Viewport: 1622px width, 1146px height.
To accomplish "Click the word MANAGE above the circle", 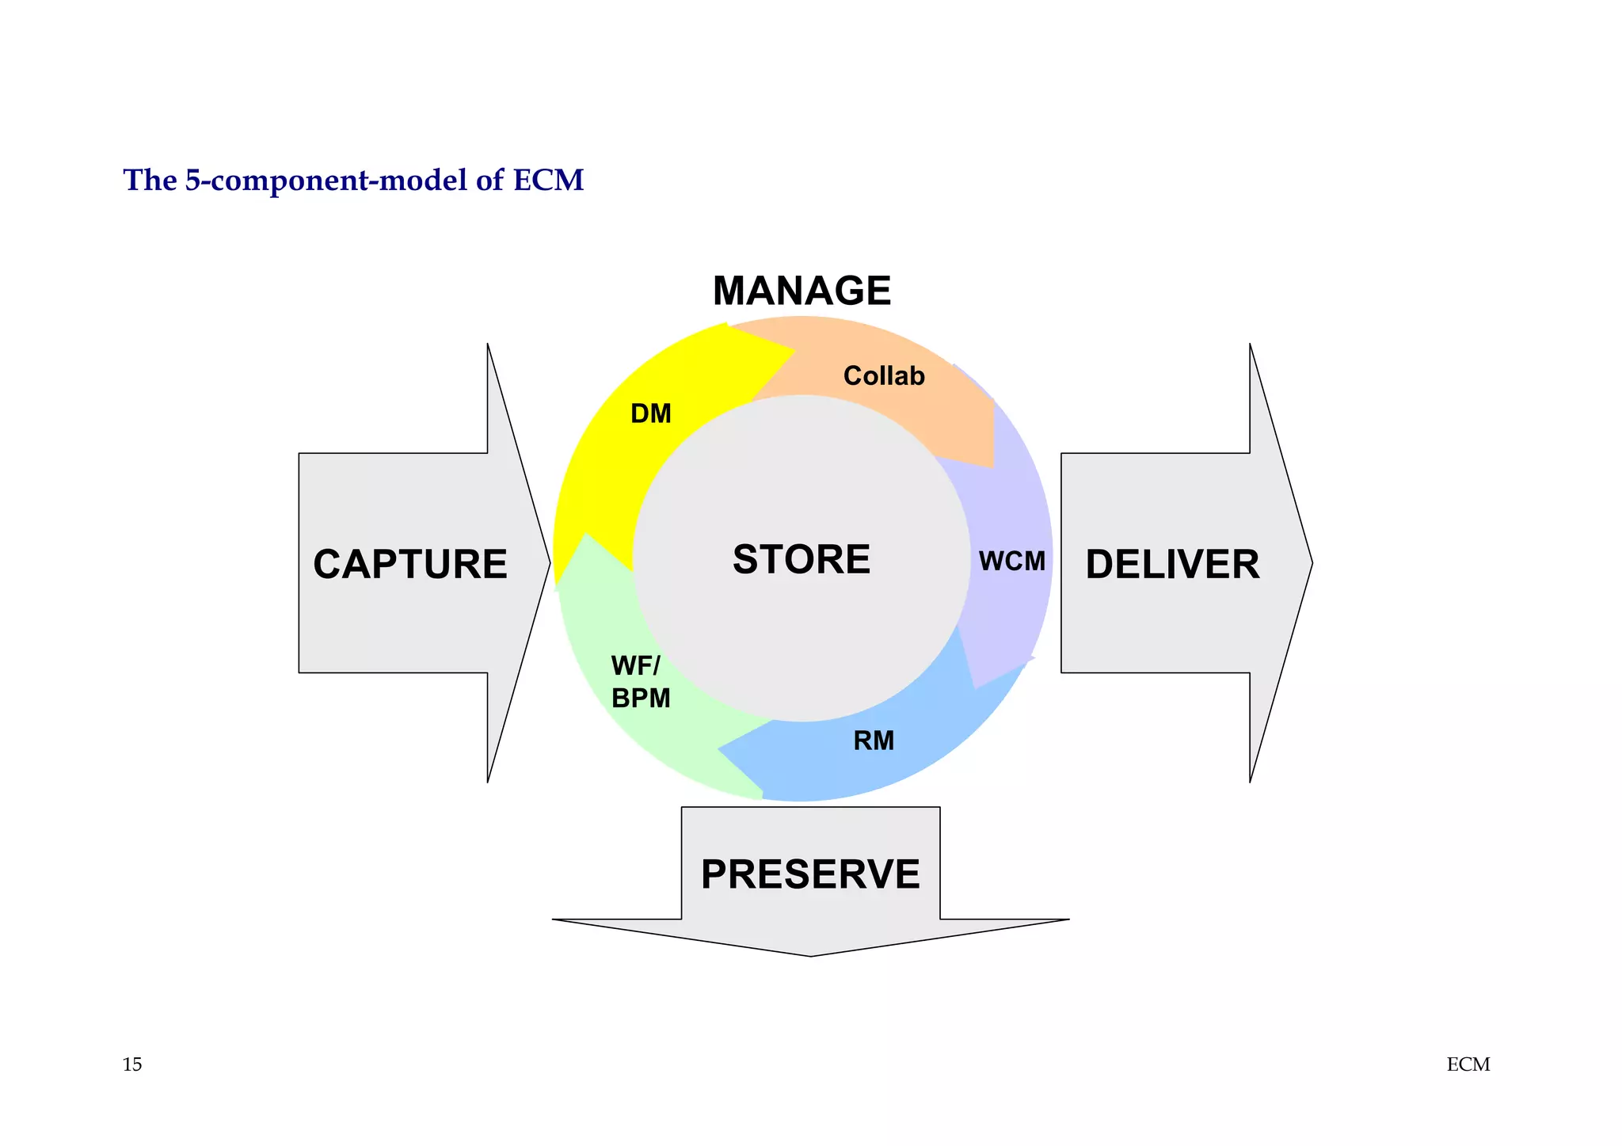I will coord(801,291).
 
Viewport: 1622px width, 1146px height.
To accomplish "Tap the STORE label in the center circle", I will coord(801,559).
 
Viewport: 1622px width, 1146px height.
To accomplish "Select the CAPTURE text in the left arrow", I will coord(409,565).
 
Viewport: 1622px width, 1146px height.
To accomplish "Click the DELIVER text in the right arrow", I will coord(1171,565).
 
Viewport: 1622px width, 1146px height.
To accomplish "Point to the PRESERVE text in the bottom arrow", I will coord(809,874).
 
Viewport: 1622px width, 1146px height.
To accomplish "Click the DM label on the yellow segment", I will coord(650,413).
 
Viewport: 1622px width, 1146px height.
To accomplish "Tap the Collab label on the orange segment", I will coord(883,375).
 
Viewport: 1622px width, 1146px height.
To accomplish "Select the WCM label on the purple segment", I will coord(1011,562).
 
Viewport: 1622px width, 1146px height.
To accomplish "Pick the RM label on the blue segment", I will coord(873,741).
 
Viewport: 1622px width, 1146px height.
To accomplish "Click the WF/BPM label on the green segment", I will coord(640,682).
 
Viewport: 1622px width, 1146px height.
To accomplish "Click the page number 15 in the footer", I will coord(132,1064).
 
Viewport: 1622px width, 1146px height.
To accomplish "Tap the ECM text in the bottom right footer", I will coord(1468,1064).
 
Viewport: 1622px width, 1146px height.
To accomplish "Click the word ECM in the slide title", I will coord(548,181).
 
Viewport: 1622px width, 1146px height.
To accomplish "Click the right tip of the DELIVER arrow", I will coord(1311,563).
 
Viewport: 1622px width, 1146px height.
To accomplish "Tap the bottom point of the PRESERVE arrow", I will coord(810,954).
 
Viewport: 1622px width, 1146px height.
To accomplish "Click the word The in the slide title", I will coord(150,181).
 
